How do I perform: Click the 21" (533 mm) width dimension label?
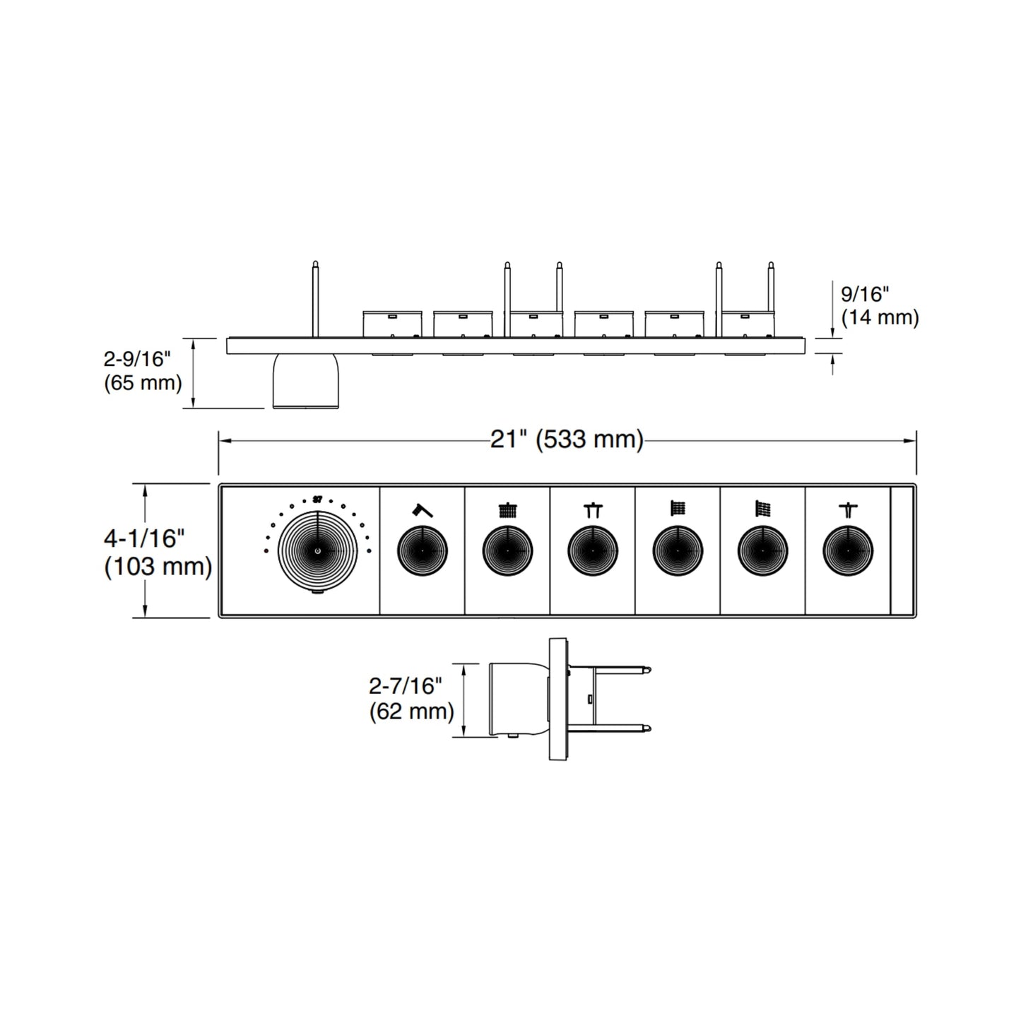(567, 439)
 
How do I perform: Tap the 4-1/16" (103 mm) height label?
(158, 553)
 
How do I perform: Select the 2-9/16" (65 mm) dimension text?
(142, 371)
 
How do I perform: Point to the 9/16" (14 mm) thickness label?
(879, 305)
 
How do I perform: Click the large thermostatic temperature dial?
(317, 550)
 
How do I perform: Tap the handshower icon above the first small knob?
(422, 509)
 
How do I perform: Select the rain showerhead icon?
(507, 509)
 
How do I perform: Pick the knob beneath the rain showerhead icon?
(507, 550)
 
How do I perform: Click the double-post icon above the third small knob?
(592, 509)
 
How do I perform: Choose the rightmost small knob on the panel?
(847, 550)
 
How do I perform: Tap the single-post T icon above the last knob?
(847, 509)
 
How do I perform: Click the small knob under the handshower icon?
(422, 550)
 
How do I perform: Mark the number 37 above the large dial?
(317, 499)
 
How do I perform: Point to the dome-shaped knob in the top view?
(305, 382)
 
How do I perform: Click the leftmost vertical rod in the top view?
(315, 297)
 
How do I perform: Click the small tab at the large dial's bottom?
(317, 592)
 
